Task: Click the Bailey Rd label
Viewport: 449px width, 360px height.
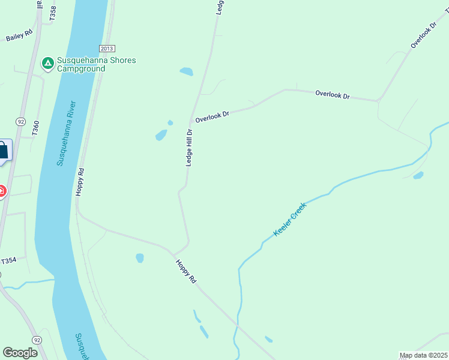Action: coord(19,36)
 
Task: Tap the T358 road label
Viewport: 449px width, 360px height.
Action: coord(53,14)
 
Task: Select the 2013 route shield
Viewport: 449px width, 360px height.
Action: coord(107,49)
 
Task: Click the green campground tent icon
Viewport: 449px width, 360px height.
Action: coord(47,62)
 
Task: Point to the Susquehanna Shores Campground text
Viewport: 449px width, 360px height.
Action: coord(96,64)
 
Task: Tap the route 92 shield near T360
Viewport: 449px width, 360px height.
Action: coord(21,121)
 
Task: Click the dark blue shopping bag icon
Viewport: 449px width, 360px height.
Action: coord(2,150)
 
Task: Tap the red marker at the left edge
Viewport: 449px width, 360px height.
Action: coord(2,191)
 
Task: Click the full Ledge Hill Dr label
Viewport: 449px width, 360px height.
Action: coord(188,148)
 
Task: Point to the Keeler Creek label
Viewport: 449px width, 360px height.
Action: coord(290,219)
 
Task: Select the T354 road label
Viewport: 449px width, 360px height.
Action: coord(8,261)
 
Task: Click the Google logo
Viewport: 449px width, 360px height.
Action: coord(20,353)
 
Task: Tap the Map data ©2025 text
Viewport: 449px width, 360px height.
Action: coord(424,355)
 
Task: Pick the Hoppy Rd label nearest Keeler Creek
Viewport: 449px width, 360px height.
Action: coord(185,271)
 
